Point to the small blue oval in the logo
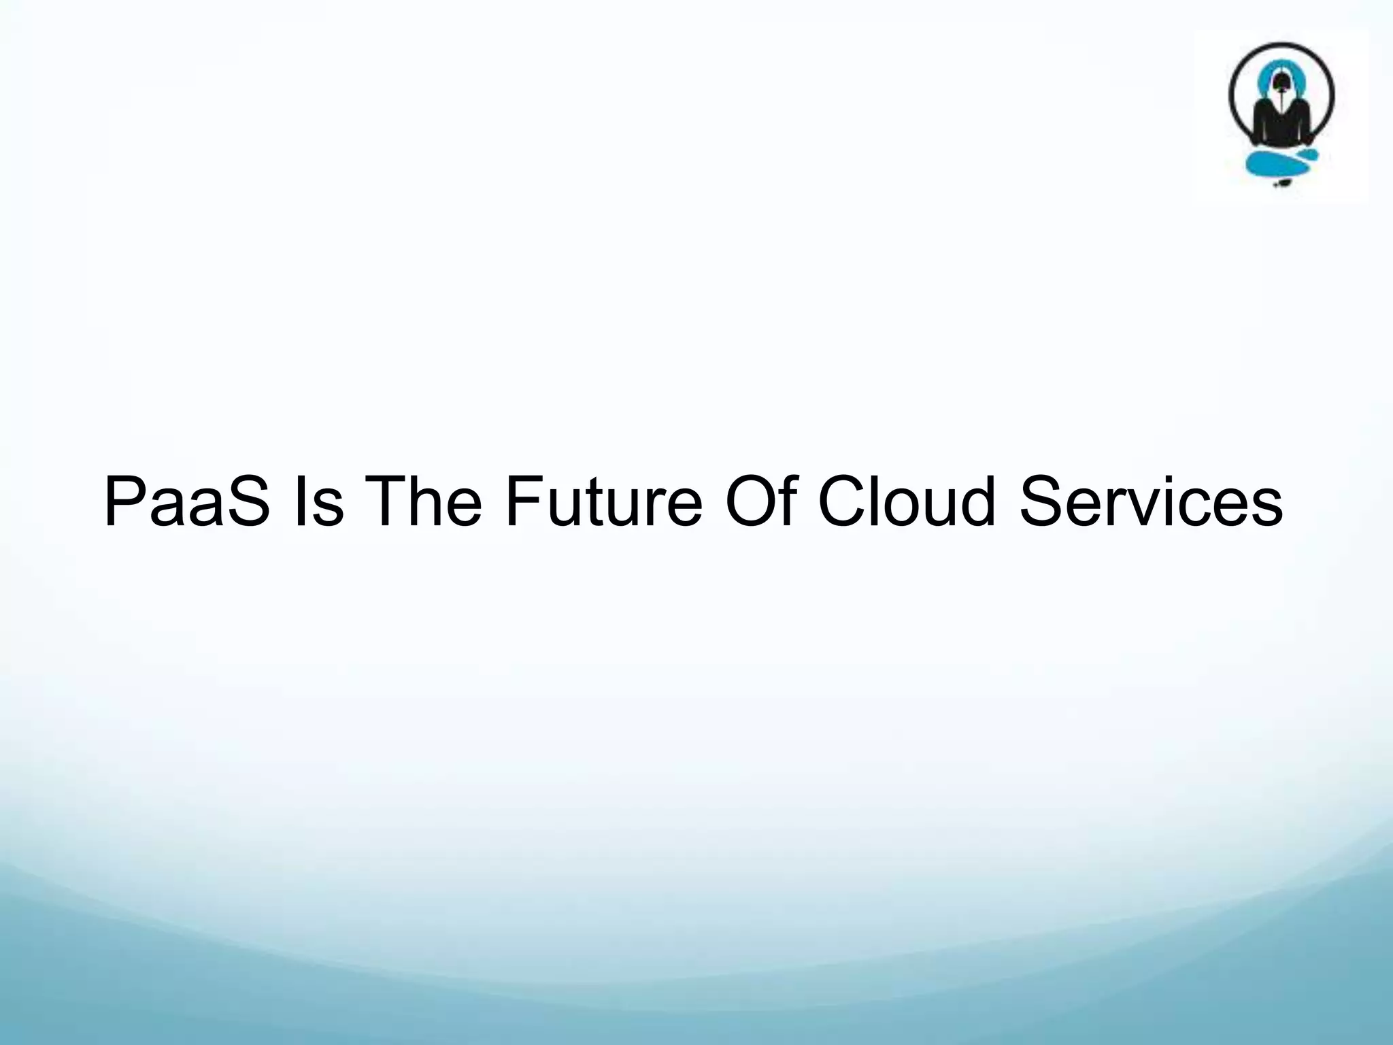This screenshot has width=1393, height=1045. pos(1307,156)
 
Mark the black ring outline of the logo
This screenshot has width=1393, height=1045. pos(1232,95)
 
